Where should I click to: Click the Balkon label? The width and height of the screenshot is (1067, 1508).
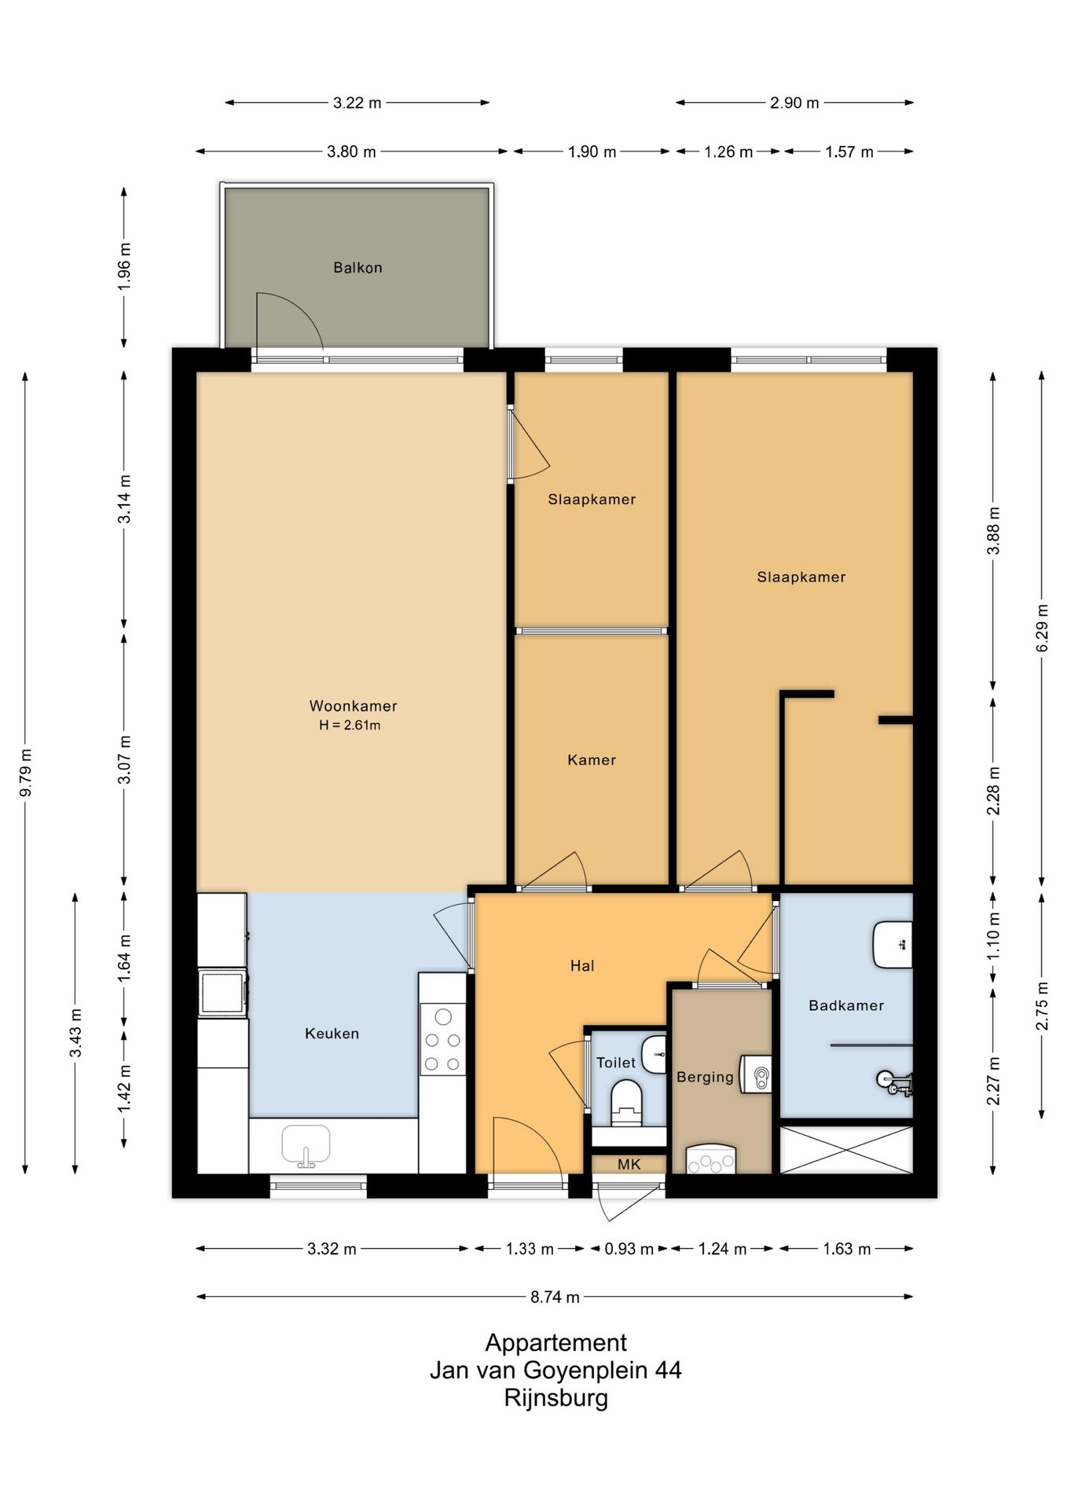[x=357, y=268]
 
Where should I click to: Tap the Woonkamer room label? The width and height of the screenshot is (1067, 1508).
[x=353, y=706]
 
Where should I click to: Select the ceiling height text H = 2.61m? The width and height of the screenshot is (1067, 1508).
[x=350, y=726]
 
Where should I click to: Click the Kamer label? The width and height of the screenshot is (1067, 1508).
[x=592, y=760]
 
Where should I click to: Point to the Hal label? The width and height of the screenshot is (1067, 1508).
[x=582, y=966]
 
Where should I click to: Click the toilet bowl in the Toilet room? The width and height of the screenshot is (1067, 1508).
[x=626, y=1100]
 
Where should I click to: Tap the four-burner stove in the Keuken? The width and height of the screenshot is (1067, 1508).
[x=443, y=1039]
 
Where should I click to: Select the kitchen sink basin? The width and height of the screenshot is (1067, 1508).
[x=306, y=1145]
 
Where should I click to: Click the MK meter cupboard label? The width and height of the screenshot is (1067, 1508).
[x=629, y=1165]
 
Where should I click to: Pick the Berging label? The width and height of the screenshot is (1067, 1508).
[x=705, y=1078]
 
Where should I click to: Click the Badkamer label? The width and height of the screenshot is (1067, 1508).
[x=846, y=1005]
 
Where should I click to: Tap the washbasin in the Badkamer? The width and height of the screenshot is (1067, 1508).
[x=893, y=945]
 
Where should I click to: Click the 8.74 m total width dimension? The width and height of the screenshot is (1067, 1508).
[x=555, y=1297]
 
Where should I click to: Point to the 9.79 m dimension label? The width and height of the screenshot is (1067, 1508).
[x=26, y=773]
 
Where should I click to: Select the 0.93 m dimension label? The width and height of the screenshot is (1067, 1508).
[x=629, y=1249]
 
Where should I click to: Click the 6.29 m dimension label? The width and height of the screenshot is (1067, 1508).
[x=1043, y=628]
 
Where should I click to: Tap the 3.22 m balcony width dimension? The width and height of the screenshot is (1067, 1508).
[x=357, y=103]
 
